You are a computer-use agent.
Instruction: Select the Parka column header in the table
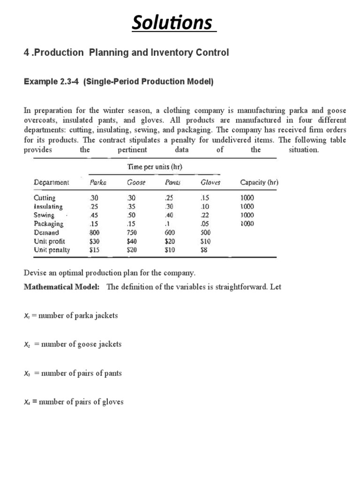pos(98,183)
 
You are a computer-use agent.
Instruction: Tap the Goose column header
pos(136,183)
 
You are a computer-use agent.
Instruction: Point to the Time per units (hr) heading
pos(158,166)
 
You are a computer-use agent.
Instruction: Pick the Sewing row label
pos(44,215)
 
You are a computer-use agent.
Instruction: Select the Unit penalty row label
pos(52,250)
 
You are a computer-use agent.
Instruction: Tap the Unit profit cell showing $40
pos(133,241)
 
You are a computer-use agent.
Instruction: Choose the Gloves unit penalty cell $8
pos(205,250)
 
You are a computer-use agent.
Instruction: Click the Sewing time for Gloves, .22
pos(206,215)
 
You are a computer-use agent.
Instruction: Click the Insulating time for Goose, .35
pos(133,206)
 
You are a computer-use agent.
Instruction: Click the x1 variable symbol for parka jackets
pos(27,315)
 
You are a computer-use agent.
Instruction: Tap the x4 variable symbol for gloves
pos(27,402)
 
